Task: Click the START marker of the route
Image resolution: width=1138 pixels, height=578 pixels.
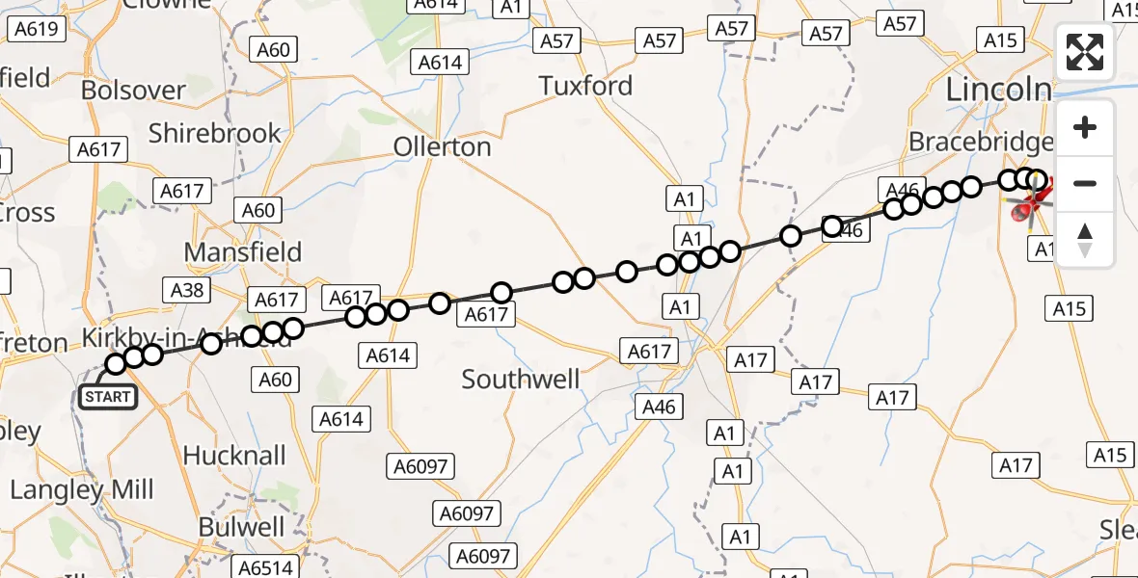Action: coord(107,397)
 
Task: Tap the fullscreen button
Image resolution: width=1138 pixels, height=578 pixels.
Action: coord(1085,52)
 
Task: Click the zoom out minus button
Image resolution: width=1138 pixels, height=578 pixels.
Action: coord(1085,183)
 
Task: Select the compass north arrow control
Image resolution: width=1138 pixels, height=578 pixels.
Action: coord(1085,239)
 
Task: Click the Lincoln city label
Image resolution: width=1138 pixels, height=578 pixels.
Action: coord(998,91)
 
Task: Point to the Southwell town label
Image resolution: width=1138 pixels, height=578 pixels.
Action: coord(521,380)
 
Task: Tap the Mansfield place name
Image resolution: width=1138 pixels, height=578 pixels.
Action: coord(243,252)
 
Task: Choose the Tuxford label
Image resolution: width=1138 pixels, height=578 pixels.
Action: coord(585,86)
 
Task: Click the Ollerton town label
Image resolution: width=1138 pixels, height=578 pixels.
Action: coord(442,147)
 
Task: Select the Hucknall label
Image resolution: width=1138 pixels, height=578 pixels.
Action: coord(234,455)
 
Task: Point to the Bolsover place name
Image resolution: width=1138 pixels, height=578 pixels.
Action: coord(133,91)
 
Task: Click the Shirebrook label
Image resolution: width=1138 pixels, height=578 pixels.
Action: coord(214,133)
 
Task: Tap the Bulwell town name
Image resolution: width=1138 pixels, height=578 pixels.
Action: coord(241,527)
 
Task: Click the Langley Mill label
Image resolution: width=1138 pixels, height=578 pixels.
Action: coord(82,489)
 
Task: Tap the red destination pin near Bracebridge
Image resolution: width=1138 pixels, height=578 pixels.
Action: coord(1028,205)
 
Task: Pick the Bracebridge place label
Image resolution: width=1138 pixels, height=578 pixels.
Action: coord(980,143)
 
